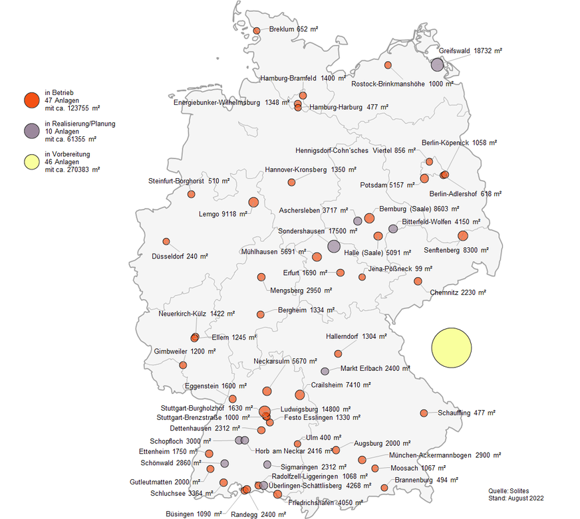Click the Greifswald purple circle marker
(437, 64)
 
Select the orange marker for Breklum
(257, 31)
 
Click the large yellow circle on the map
(452, 348)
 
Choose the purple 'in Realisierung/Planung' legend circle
(31, 131)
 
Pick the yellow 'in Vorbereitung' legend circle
(31, 161)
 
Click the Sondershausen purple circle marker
(333, 246)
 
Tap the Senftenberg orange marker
(463, 235)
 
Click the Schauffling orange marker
(424, 413)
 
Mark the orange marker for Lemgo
(253, 202)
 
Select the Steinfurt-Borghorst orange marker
(192, 194)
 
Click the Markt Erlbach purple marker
(325, 371)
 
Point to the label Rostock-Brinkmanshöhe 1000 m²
(403, 84)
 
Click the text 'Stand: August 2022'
(515, 498)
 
